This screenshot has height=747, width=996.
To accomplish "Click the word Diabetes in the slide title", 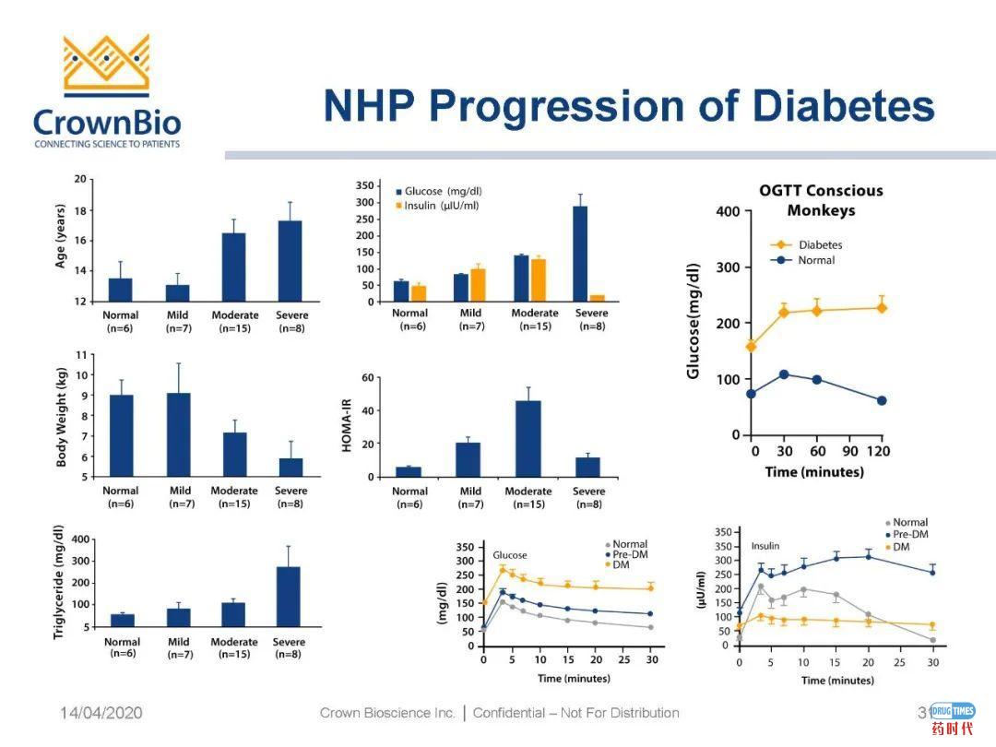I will point(844,107).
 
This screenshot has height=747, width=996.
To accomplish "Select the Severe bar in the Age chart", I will point(290,260).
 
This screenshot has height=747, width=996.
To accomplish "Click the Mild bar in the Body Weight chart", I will point(178,434).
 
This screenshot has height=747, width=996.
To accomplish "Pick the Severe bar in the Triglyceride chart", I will point(288,597).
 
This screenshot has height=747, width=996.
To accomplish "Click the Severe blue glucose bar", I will point(580,254).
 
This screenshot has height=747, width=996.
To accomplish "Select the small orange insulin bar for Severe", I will point(597,298).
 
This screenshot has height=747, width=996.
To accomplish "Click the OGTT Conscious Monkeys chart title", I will point(820,200).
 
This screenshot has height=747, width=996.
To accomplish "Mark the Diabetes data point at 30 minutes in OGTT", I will point(784,313).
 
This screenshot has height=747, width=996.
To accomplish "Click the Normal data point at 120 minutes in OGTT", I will point(882,400).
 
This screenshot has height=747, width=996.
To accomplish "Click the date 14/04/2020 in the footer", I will point(101,713).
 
